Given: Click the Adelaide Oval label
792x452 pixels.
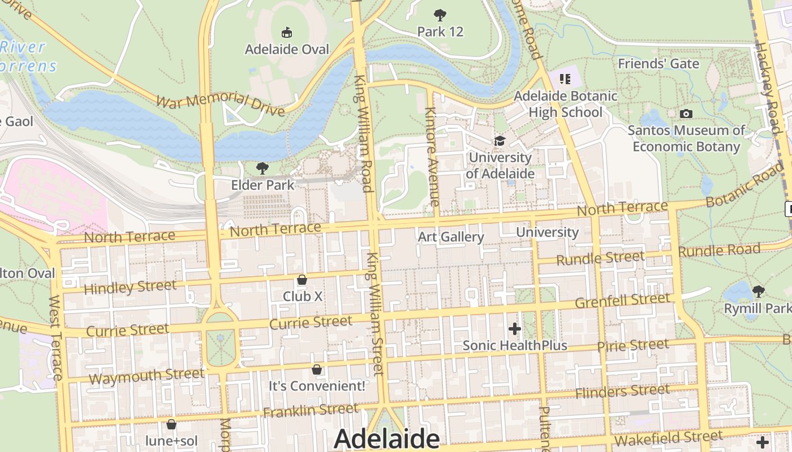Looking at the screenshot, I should [287, 50].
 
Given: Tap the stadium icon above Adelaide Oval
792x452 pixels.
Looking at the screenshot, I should [287, 32].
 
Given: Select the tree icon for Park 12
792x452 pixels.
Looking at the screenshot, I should [440, 15].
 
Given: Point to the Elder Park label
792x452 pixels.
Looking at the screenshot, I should [262, 185].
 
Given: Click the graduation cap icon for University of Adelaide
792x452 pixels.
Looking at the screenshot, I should [500, 141].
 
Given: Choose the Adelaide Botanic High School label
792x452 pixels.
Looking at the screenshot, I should [565, 104].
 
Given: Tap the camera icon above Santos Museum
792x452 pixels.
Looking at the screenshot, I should [686, 114].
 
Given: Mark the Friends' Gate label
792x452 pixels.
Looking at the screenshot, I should [658, 64].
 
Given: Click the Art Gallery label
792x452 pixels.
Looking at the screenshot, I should [451, 237].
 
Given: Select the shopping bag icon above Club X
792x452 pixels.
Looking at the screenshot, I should [302, 280].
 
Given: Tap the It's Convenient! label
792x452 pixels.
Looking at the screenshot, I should [317, 386].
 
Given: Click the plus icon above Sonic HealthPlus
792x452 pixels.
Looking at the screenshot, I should [514, 328].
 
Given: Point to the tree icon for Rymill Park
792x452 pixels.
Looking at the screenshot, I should [758, 292].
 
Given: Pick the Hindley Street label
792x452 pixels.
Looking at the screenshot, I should [130, 287].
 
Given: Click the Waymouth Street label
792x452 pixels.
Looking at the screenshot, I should [146, 376].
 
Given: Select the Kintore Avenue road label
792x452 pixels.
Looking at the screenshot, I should [432, 157].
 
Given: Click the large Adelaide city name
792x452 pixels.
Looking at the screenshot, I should [386, 438].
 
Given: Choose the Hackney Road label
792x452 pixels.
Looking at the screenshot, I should [768, 88].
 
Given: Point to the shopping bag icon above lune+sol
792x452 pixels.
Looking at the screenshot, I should [171, 424].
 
